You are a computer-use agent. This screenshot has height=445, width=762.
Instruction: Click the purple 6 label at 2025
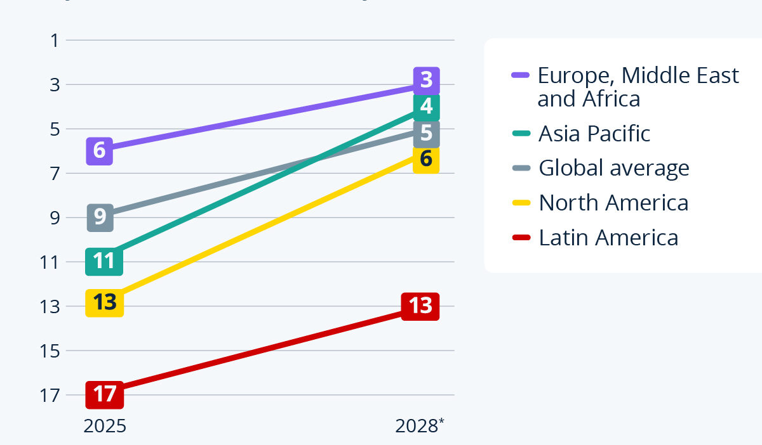click(99, 151)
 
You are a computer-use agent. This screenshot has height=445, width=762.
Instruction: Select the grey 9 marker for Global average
click(100, 217)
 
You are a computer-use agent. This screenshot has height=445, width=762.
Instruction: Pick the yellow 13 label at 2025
click(105, 302)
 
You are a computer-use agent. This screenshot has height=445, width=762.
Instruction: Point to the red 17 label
click(105, 394)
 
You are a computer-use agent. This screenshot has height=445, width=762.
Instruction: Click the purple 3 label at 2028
click(426, 81)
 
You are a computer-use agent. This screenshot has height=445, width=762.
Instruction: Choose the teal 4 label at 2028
click(426, 106)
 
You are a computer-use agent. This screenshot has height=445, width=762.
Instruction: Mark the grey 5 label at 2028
click(426, 133)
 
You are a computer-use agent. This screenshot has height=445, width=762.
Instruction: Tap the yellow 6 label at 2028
click(426, 159)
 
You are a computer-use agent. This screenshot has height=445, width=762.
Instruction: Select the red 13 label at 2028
click(420, 306)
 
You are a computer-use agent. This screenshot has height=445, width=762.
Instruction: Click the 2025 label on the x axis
click(105, 425)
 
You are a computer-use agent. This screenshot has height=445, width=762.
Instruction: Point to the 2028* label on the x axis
click(420, 425)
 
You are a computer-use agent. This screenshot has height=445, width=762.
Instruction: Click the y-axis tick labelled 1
click(55, 41)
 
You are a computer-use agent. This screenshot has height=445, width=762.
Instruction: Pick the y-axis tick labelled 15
click(51, 351)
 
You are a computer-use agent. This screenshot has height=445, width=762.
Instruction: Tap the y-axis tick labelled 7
click(55, 173)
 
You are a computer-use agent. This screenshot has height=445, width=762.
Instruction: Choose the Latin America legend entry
click(608, 238)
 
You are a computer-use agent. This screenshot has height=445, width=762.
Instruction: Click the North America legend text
click(613, 203)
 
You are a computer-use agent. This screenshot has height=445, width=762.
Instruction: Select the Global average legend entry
click(613, 168)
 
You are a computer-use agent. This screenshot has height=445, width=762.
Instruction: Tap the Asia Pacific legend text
click(594, 133)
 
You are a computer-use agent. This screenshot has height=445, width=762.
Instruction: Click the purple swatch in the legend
click(521, 75)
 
